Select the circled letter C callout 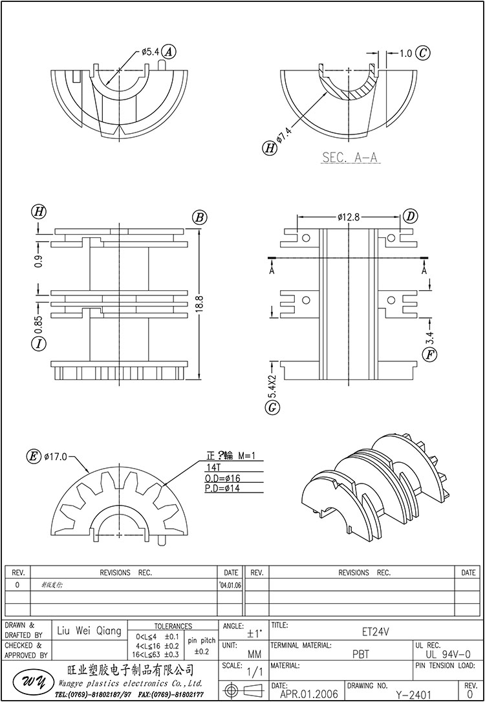422,53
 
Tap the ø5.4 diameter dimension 149,52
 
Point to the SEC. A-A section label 350,157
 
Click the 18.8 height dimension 199,303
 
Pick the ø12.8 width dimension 348,217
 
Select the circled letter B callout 199,217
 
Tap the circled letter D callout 411,216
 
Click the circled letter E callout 32,457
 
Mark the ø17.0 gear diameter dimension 56,457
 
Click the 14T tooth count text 213,467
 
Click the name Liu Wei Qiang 89,631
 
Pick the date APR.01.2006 308,694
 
